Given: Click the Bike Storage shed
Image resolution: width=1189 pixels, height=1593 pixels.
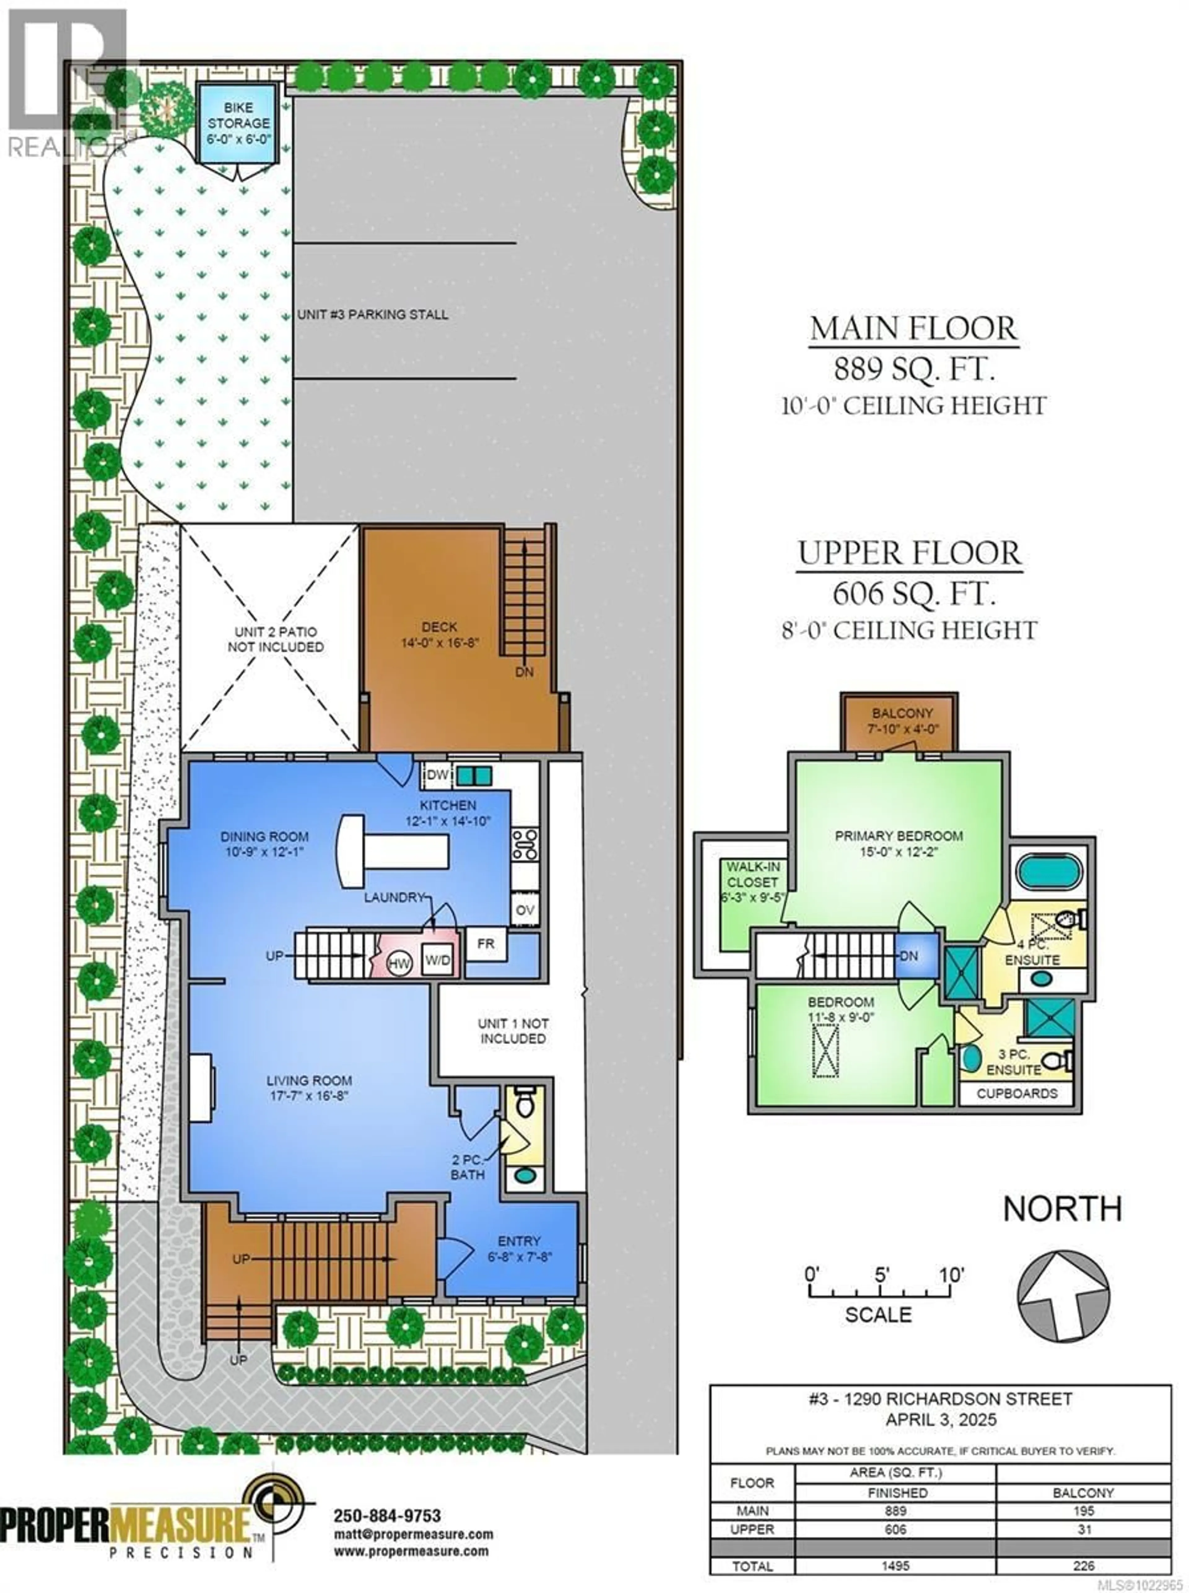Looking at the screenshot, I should [x=237, y=124].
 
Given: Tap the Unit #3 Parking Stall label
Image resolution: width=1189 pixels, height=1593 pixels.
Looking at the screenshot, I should [x=373, y=315].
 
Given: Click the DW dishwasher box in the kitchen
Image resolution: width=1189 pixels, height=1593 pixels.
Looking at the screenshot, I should [x=437, y=775].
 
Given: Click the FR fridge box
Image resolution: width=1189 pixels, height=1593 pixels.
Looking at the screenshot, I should [x=486, y=944].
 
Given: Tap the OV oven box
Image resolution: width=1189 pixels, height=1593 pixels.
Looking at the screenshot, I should [x=525, y=910].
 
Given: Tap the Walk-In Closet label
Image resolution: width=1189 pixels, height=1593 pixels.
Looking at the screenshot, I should [x=752, y=882].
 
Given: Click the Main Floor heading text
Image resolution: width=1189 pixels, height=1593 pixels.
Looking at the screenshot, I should [x=913, y=329].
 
